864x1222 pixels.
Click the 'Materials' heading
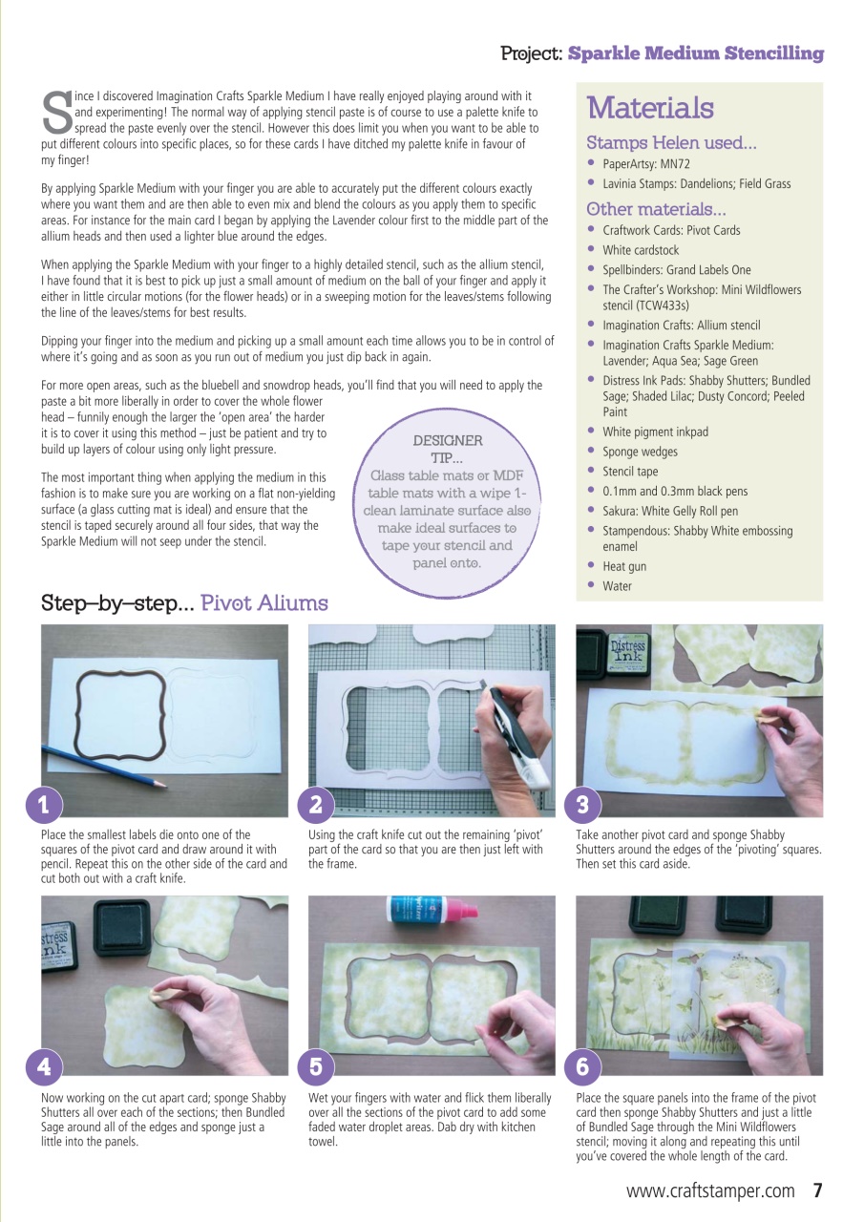(649, 108)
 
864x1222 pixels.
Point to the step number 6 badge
(581, 1065)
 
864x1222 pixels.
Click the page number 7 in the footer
(817, 1190)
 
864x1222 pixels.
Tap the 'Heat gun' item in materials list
(624, 566)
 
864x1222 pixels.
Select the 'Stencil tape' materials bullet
(630, 471)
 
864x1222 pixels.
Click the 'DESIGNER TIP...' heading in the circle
(447, 449)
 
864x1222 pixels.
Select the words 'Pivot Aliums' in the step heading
(263, 603)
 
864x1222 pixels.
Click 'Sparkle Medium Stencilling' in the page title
(695, 53)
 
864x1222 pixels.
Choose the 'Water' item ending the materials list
(617, 586)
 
